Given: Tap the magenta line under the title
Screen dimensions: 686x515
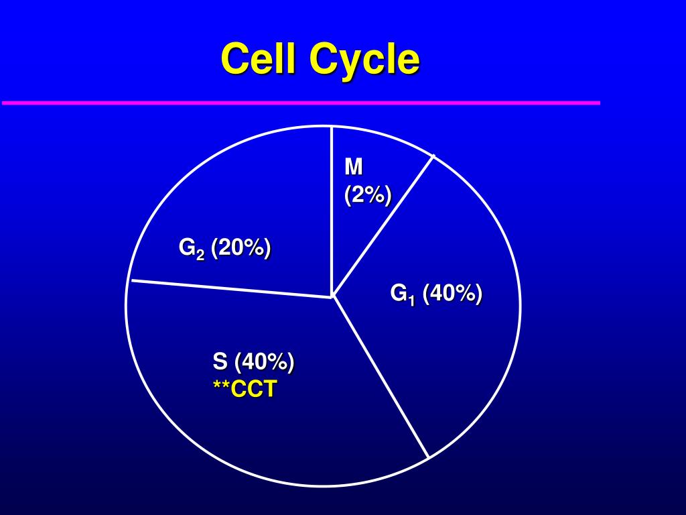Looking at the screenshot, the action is click(301, 103).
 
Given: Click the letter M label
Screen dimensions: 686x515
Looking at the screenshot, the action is click(353, 166).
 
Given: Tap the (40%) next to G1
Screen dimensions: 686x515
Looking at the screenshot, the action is click(452, 293).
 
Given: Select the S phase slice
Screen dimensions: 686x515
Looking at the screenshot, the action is click(268, 429).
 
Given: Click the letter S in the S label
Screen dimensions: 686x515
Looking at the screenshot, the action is click(220, 362).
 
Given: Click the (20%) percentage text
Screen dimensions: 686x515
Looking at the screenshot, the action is click(241, 247).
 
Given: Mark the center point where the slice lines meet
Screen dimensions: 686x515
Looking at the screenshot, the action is click(332, 296).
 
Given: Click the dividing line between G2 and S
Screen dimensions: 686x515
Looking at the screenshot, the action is click(231, 288).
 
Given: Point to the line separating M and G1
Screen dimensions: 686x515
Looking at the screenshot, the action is click(383, 225).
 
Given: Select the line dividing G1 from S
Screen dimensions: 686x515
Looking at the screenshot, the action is click(381, 377).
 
